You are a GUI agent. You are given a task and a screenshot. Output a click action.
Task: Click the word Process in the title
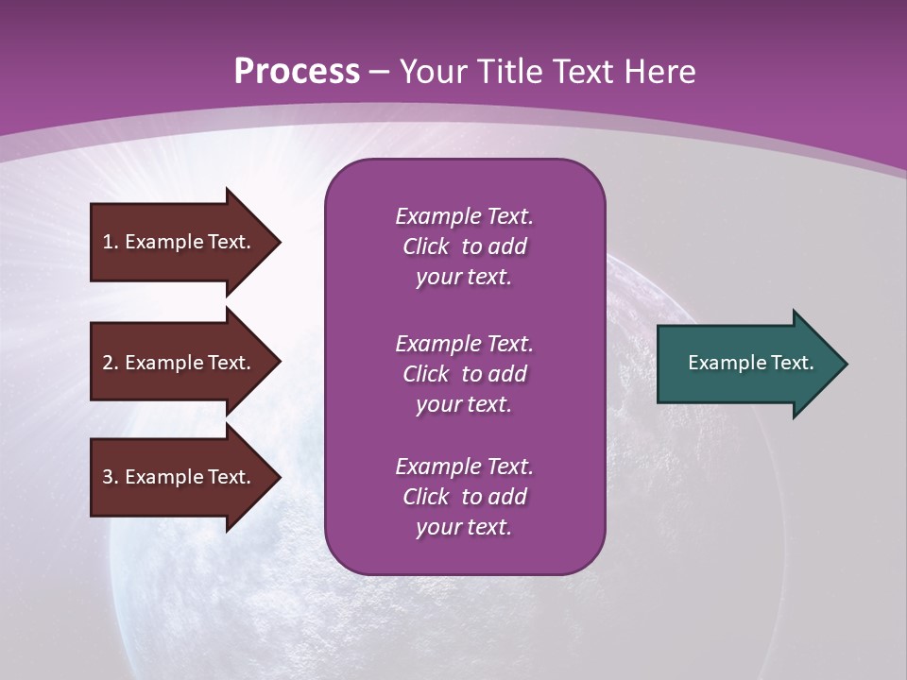297,72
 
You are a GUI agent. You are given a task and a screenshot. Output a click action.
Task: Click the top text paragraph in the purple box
464,246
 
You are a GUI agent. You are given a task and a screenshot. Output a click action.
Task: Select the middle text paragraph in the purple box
464,374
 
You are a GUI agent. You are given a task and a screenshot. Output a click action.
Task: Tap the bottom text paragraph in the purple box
464,497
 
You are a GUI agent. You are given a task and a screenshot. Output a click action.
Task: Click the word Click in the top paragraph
426,247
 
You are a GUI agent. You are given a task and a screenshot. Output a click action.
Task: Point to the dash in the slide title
379,73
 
